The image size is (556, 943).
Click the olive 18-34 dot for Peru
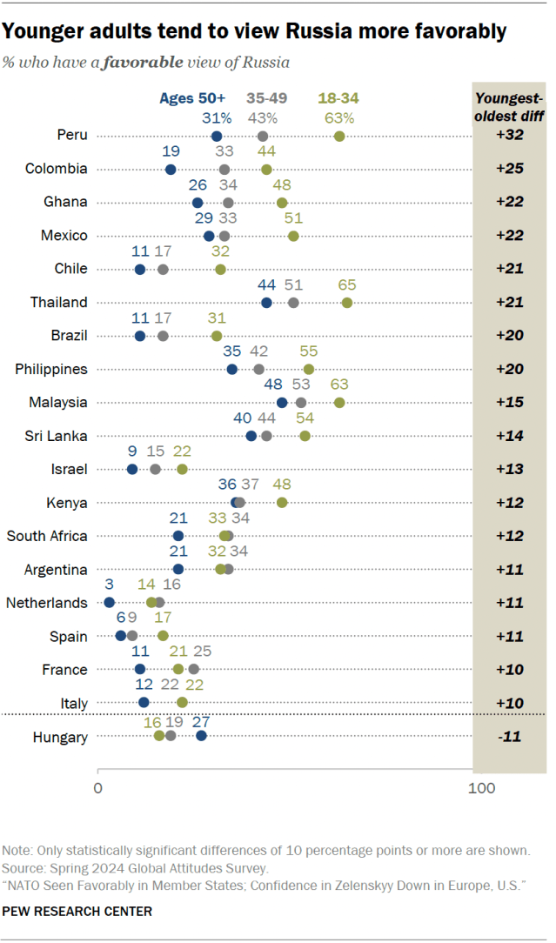pos(339,136)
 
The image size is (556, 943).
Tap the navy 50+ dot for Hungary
pos(201,736)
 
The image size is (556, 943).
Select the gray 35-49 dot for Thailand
pos(293,302)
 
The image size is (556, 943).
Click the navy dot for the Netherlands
pos(109,602)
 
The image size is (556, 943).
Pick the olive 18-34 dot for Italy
pos(182,702)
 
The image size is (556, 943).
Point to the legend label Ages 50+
pos(192,98)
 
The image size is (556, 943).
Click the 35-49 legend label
pos(266,98)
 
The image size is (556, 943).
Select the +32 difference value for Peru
pos(509,136)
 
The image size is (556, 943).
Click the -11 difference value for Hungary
pos(509,737)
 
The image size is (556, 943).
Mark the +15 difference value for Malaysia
pos(509,403)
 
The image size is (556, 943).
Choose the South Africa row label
pos(48,536)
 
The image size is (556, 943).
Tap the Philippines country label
pos(51,369)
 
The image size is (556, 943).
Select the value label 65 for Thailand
pos(346,285)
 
